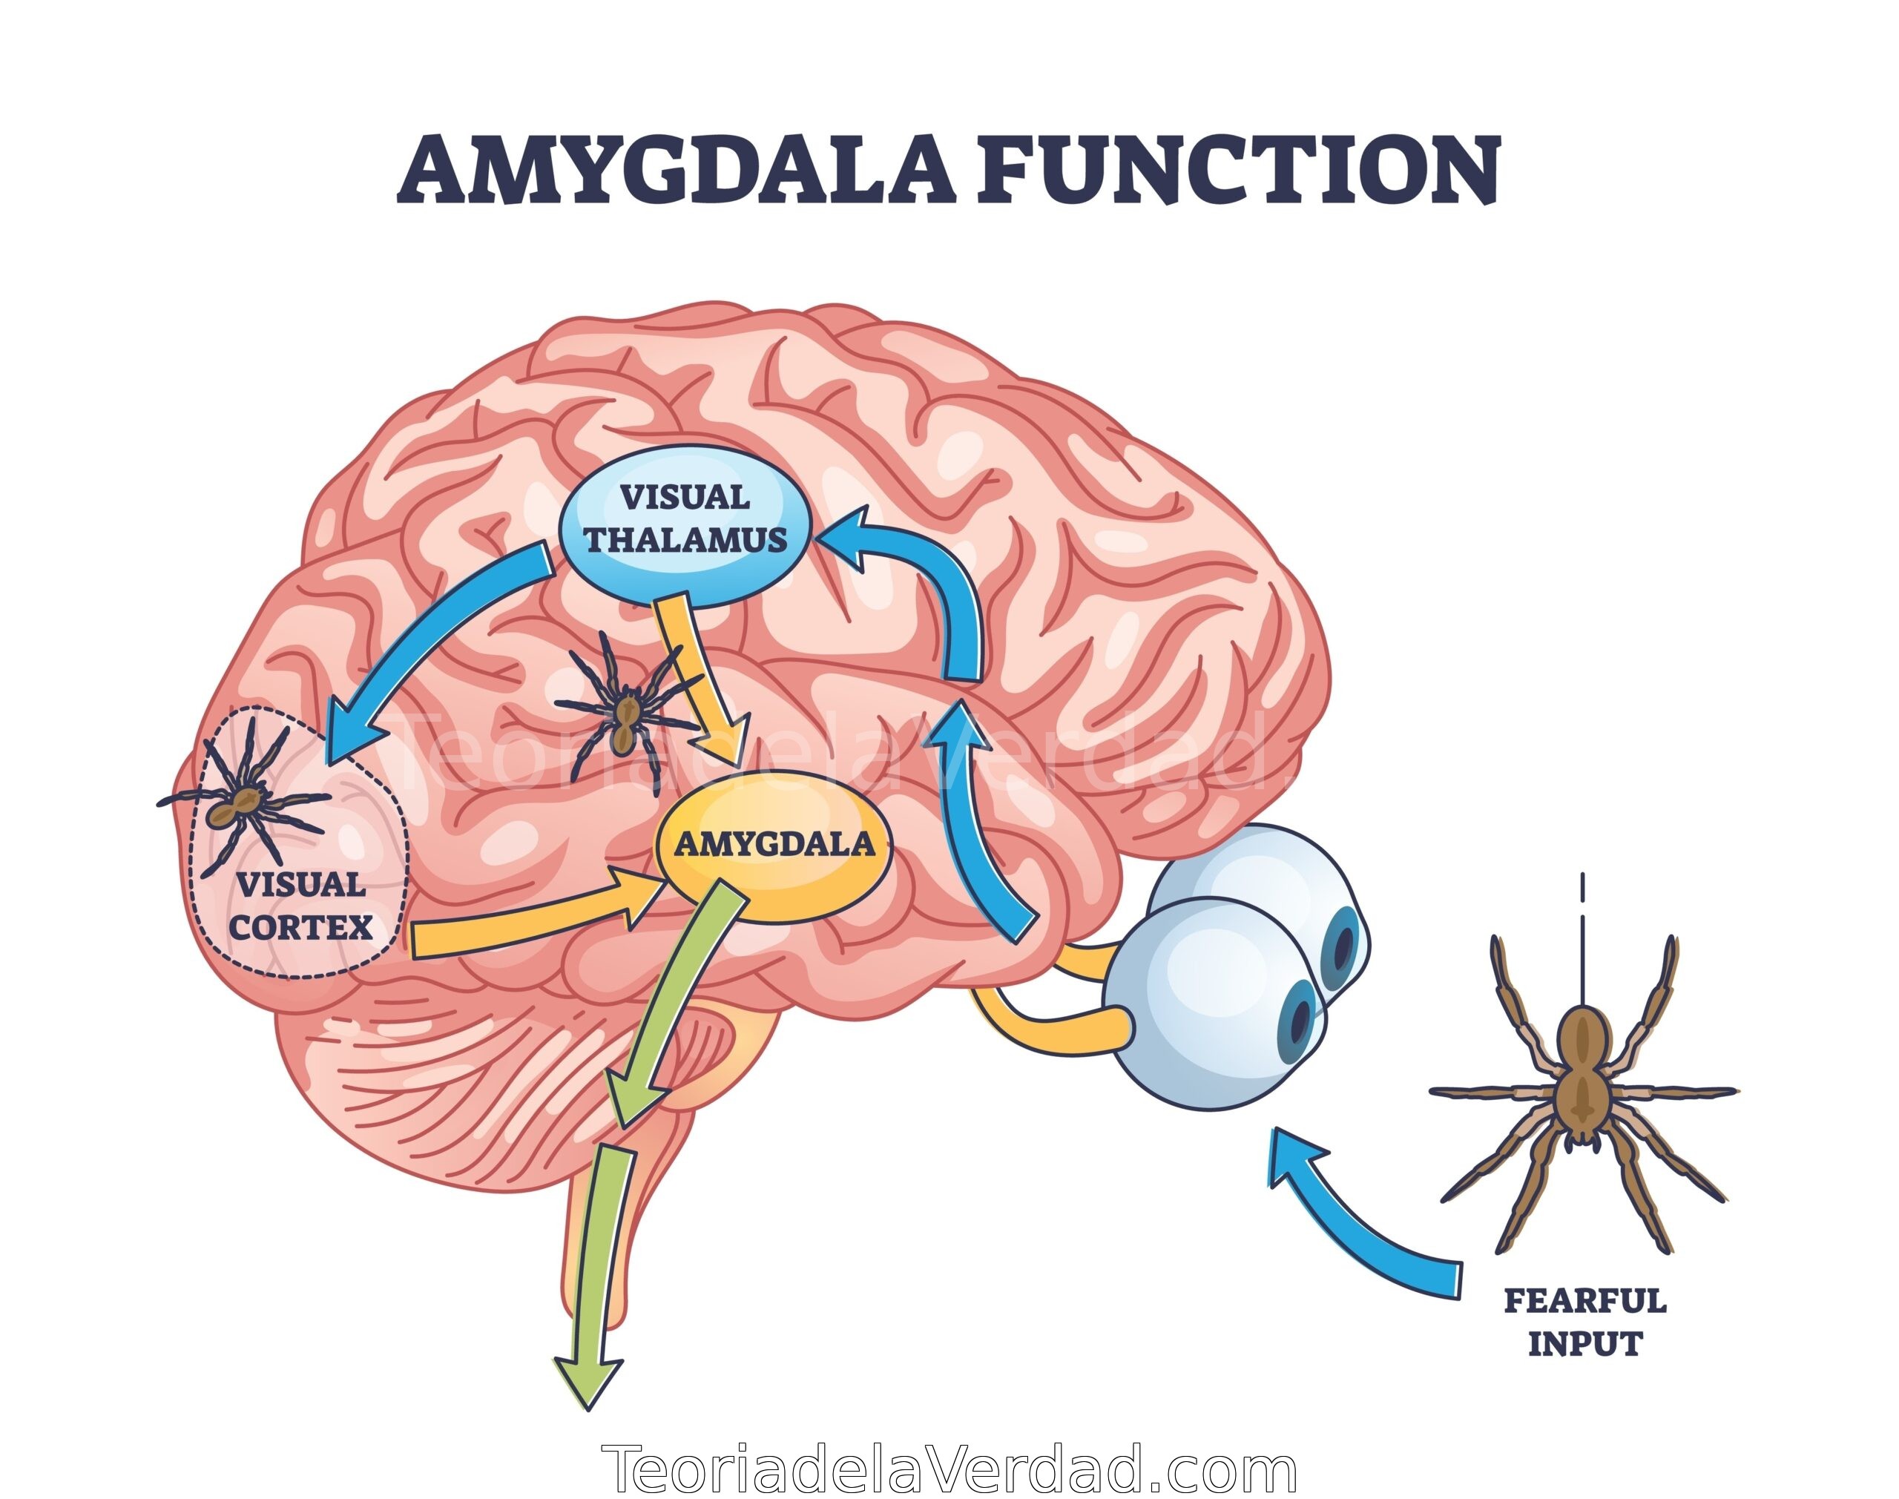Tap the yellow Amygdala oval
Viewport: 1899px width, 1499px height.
pos(775,845)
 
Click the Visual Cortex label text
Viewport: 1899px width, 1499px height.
pos(301,905)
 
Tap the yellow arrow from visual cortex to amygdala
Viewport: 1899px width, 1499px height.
pos(536,920)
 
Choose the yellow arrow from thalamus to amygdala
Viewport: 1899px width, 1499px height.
pos(702,680)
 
